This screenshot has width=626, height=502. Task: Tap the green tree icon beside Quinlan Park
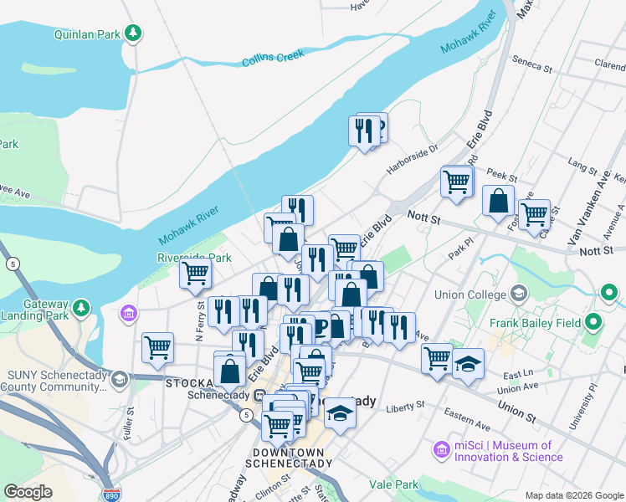tap(132, 33)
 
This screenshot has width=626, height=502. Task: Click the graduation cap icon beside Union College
tap(520, 294)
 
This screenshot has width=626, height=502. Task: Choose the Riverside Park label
tap(194, 258)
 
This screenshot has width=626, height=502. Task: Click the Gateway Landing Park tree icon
tap(82, 309)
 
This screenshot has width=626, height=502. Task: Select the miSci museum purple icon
tap(442, 451)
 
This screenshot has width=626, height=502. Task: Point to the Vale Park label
tap(394, 484)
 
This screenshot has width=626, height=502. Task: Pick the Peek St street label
tap(503, 172)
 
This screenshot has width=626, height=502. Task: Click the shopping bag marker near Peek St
tap(498, 202)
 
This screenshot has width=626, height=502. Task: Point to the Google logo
tap(28, 492)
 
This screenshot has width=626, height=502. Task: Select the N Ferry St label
tap(200, 326)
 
